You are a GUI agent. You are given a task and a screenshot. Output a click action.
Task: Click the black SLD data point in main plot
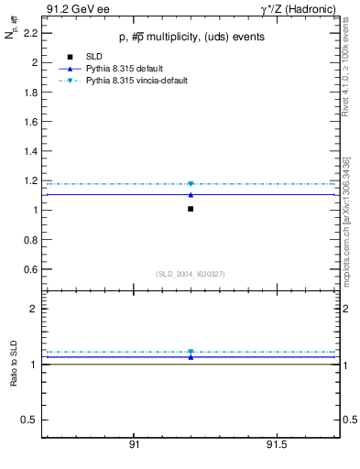click(191, 209)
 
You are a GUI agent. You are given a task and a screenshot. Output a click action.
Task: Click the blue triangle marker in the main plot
click(191, 194)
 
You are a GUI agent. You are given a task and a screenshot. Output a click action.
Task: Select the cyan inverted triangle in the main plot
click(191, 184)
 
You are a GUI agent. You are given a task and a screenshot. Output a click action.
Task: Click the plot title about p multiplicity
click(191, 38)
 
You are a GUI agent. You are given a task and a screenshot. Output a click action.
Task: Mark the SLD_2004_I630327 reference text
click(191, 274)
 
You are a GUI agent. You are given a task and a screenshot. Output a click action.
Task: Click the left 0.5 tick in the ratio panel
click(30, 420)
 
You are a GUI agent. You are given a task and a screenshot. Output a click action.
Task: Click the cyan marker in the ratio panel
click(191, 352)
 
